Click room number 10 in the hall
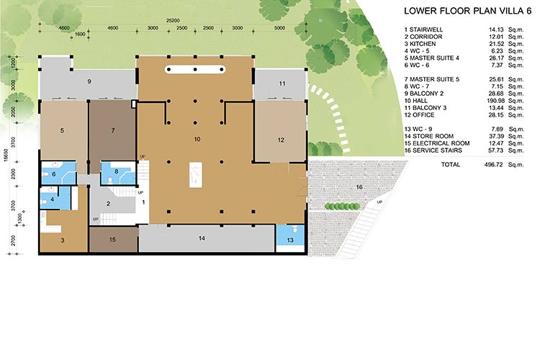point(197,139)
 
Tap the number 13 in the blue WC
point(290,240)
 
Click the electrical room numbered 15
point(112,240)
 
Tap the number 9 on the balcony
point(89,81)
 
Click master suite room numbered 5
point(62,130)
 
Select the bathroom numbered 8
point(117,171)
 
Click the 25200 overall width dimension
point(173,21)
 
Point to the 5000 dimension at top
point(279,28)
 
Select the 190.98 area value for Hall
point(495,101)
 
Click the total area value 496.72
point(494,165)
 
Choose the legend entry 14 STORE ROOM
point(429,136)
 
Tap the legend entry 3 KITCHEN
point(420,44)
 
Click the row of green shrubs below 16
point(343,207)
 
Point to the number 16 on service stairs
point(359,187)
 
